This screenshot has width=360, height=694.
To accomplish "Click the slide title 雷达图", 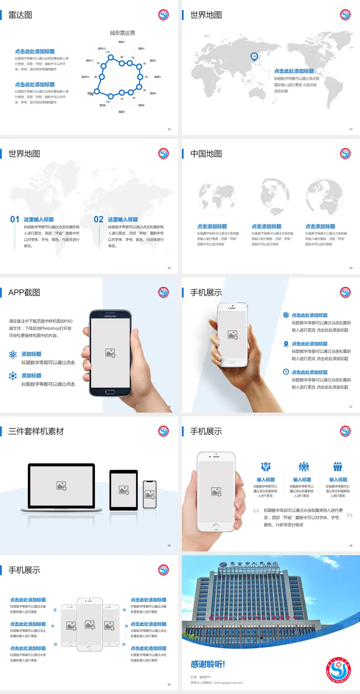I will [x=20, y=15].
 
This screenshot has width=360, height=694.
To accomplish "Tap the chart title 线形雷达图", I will [x=122, y=33].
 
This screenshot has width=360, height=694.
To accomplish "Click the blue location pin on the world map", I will [x=254, y=57].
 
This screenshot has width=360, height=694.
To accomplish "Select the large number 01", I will [x=15, y=219].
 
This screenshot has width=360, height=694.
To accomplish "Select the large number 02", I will [x=99, y=219].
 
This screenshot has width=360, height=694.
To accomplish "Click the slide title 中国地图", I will [x=206, y=154].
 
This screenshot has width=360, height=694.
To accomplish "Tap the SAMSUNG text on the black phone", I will [x=110, y=316].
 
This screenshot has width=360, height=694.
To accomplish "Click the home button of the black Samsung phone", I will [x=110, y=392].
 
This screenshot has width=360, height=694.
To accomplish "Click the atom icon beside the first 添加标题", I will [x=13, y=355].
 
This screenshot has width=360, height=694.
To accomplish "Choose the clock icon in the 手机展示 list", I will [x=286, y=372].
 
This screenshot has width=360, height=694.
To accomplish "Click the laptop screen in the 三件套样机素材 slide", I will [x=61, y=486].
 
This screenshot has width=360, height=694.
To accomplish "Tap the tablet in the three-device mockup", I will [x=124, y=490].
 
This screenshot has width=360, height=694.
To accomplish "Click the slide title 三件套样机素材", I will [x=36, y=431].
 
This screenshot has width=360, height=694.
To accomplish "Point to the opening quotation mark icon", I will [x=256, y=511].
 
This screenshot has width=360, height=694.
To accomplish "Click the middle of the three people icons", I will [x=303, y=467].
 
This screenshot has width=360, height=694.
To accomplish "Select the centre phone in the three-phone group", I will [x=90, y=625].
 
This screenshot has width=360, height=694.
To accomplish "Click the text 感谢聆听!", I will [x=208, y=664].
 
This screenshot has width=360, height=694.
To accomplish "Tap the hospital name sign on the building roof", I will [x=249, y=564].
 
